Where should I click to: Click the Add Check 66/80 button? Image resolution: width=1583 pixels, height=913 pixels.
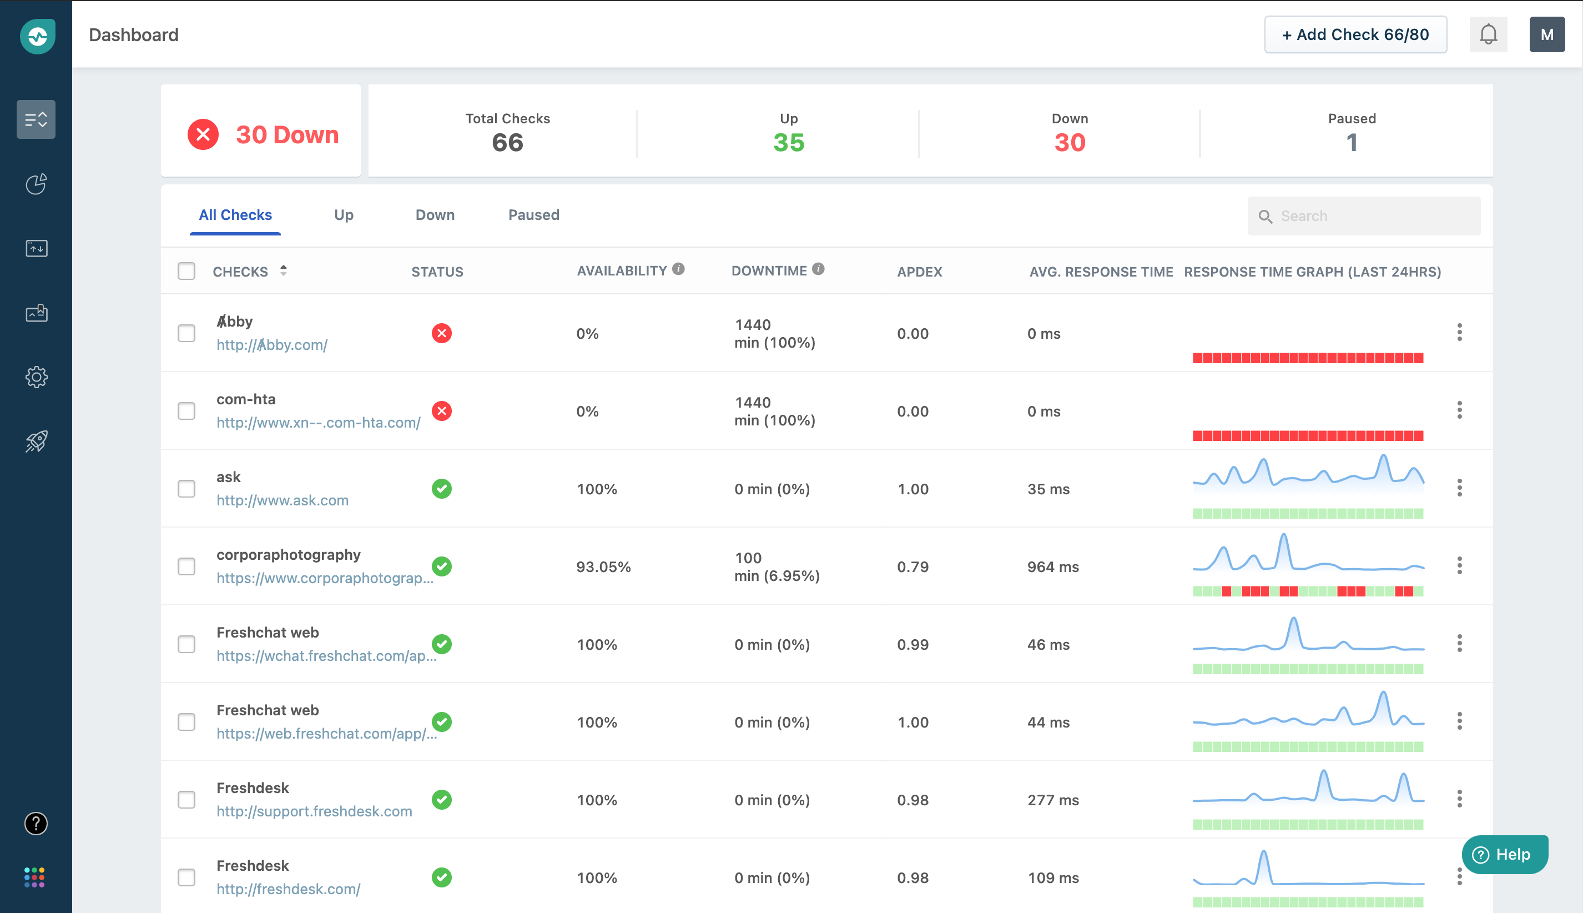(1355, 34)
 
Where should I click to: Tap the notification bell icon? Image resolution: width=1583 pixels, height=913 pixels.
(1488, 34)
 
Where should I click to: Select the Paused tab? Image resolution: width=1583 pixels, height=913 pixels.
(533, 215)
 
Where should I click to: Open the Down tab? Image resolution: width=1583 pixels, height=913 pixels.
(435, 215)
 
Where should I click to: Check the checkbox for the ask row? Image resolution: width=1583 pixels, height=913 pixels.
(186, 489)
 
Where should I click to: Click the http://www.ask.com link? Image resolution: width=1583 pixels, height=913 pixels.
(282, 500)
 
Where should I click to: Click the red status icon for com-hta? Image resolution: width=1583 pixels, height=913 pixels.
(442, 411)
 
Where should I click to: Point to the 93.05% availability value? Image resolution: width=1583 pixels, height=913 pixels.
(603, 567)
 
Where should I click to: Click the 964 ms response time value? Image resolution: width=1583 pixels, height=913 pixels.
(1053, 567)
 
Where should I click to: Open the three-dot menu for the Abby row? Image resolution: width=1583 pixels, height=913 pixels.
(1459, 332)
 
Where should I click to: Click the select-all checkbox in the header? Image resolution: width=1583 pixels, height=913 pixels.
(186, 271)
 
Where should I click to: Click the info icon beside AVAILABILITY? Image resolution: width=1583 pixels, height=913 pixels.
(678, 269)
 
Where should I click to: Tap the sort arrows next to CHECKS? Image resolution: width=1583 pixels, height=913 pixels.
(283, 270)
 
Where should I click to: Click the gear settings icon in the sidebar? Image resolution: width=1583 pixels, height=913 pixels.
(36, 377)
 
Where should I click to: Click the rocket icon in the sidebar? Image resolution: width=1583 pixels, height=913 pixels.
(36, 442)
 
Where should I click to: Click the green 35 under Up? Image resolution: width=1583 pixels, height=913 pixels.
(788, 143)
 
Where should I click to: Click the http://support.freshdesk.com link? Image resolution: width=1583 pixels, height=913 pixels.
(314, 811)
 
